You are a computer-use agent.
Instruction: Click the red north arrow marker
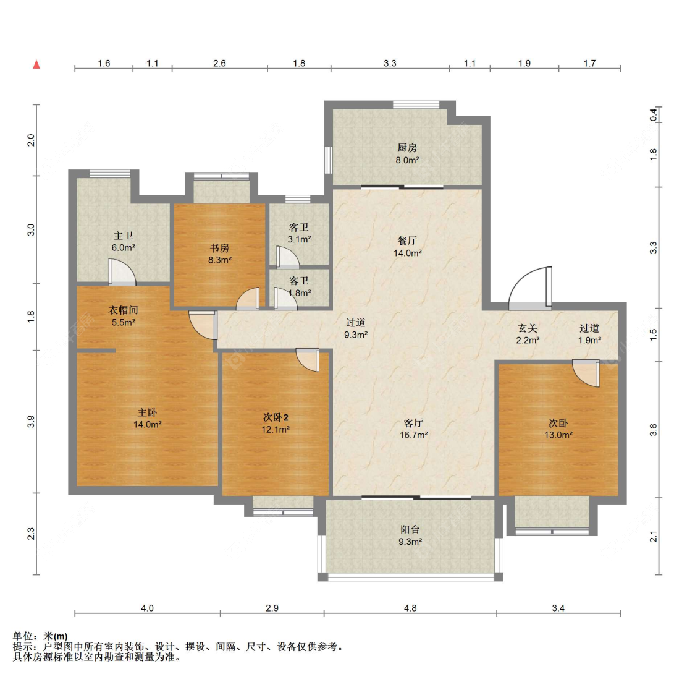click(x=37, y=64)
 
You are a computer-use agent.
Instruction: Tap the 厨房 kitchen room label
click(x=407, y=148)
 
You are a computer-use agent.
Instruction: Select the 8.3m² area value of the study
click(x=220, y=260)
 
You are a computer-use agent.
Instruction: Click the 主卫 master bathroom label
click(x=123, y=236)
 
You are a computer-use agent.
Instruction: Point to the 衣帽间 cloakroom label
click(x=123, y=310)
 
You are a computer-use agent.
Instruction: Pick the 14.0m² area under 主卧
click(x=148, y=424)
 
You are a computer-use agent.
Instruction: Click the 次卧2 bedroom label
click(x=276, y=417)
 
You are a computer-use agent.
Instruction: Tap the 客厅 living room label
click(x=413, y=423)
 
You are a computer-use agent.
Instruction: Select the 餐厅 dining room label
click(x=407, y=241)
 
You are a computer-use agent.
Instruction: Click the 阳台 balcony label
click(x=410, y=529)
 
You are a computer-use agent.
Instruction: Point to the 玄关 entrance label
click(x=528, y=328)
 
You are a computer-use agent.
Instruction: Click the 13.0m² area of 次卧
click(x=558, y=435)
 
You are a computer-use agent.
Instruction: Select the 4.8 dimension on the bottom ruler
click(x=410, y=608)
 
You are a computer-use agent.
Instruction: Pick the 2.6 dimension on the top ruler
click(x=219, y=64)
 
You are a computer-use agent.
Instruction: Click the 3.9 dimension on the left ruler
click(x=31, y=422)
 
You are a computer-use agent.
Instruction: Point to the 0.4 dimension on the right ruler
click(x=654, y=115)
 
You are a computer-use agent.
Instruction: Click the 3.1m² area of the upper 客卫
click(x=299, y=239)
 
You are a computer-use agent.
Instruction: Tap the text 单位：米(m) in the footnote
click(x=40, y=637)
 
